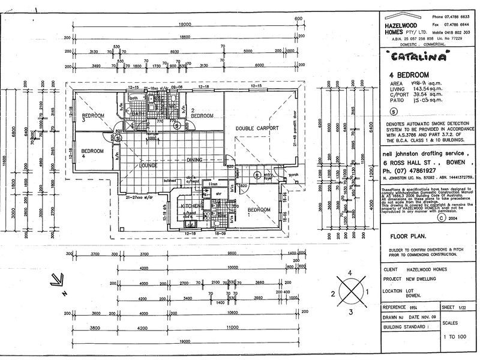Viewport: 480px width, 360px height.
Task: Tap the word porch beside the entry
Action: (295, 176)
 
